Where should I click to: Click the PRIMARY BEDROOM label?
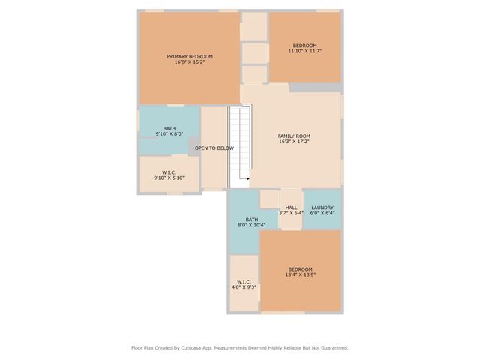pyautogui.click(x=190, y=56)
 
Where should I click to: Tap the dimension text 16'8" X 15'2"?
pyautogui.click(x=190, y=62)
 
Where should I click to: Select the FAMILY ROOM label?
pyautogui.click(x=294, y=136)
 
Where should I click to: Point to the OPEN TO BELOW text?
pyautogui.click(x=214, y=148)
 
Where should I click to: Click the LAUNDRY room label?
pyautogui.click(x=322, y=207)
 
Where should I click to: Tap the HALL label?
pyautogui.click(x=291, y=207)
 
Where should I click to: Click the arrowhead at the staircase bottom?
pyautogui.click(x=247, y=178)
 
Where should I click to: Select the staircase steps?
pyautogui.click(x=238, y=142)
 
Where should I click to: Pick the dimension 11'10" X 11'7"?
pyautogui.click(x=305, y=51)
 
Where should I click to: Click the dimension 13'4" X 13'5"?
pyautogui.click(x=301, y=275)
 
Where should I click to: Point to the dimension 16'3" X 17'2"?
pyautogui.click(x=294, y=142)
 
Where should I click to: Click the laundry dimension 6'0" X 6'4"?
pyautogui.click(x=322, y=213)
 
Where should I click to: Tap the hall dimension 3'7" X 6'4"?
pyautogui.click(x=291, y=213)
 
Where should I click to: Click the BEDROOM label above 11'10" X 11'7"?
pyautogui.click(x=305, y=45)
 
